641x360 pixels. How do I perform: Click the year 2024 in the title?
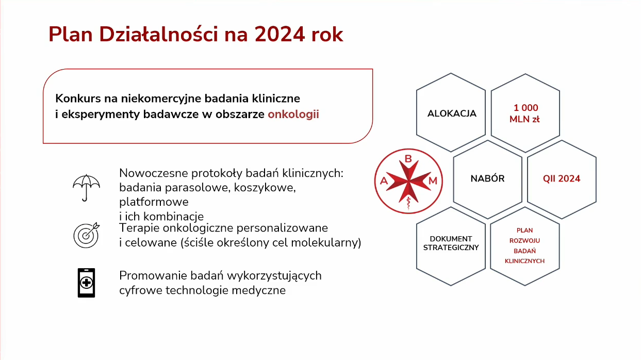point(280,35)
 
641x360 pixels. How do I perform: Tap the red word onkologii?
point(293,114)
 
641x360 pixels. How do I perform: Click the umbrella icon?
point(86,188)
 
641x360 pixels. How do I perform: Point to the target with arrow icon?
point(87,235)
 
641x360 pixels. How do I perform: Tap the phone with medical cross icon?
point(87,283)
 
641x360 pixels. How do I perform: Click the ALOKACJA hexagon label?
point(452,113)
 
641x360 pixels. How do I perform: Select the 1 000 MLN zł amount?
point(525,113)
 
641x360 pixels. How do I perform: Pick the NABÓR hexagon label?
point(488,178)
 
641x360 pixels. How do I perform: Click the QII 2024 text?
point(562,178)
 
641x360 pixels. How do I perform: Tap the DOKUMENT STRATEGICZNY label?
point(451,243)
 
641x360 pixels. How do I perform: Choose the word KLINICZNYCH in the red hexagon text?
point(524,261)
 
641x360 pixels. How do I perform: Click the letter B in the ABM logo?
point(408,158)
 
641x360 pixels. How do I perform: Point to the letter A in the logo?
point(384,181)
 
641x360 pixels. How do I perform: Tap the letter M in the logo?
point(433,181)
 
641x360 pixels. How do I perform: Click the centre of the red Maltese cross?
point(408,181)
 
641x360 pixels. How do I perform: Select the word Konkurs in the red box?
point(78,99)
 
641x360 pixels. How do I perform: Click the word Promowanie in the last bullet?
point(153,275)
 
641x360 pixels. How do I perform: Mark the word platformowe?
point(154,202)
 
